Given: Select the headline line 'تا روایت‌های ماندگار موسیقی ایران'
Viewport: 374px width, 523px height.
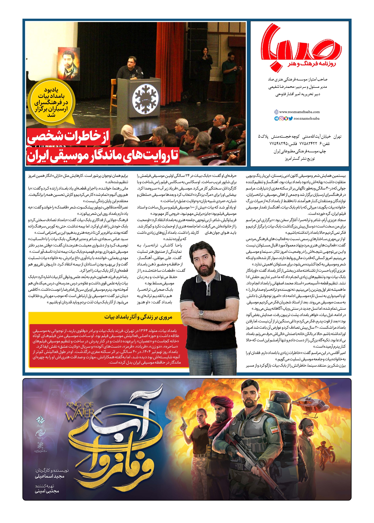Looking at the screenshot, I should click(x=103, y=156).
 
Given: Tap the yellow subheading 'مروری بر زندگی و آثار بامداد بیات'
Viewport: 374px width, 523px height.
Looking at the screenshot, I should click(x=138, y=317).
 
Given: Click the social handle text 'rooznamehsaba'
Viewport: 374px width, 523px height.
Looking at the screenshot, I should click(x=306, y=118).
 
